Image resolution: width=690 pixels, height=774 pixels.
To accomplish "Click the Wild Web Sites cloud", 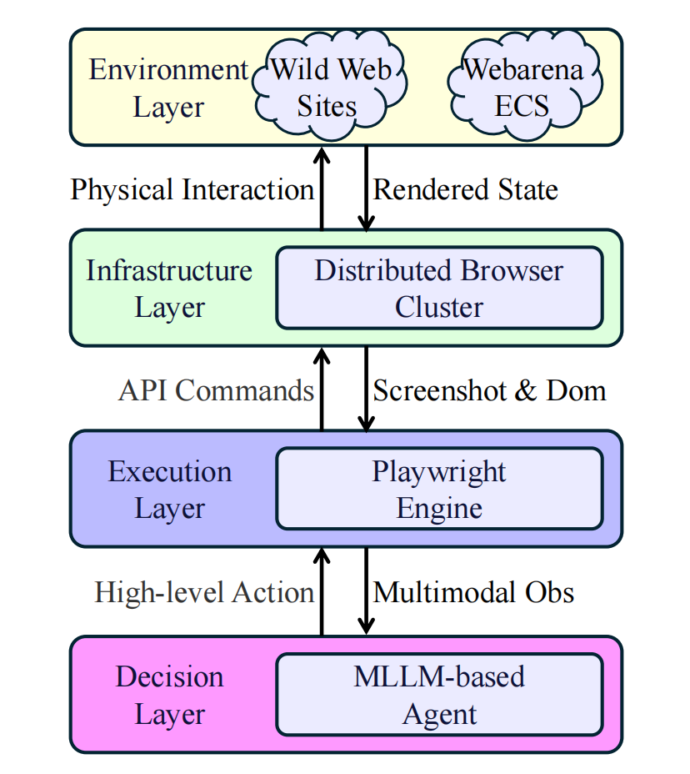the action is tap(329, 87).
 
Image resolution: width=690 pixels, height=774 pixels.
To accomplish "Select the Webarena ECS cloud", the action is tap(524, 87).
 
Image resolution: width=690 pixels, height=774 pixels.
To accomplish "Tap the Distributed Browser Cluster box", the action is tap(439, 289).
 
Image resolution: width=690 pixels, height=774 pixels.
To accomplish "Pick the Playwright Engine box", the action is tap(439, 489).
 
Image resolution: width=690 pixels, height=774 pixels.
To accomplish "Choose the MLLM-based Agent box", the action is tap(439, 695).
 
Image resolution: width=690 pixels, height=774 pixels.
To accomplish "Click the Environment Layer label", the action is tap(168, 88).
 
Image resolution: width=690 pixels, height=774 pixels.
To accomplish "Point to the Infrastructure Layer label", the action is tap(169, 289).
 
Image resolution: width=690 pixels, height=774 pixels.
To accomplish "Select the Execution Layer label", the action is tap(170, 490).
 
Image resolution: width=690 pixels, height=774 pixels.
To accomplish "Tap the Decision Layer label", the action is tap(170, 696).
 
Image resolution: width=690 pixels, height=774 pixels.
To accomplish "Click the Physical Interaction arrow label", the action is tap(192, 189).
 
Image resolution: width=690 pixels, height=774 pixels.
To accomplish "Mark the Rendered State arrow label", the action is tap(466, 189).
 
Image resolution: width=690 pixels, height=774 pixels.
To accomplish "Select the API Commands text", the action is tap(216, 390).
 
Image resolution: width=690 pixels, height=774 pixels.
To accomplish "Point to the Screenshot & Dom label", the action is tap(490, 390).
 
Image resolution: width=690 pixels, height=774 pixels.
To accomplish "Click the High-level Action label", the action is tap(204, 592).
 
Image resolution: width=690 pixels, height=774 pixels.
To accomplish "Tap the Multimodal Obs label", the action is tap(473, 592).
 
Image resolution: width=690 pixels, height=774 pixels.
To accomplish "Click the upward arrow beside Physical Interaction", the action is tap(322, 188).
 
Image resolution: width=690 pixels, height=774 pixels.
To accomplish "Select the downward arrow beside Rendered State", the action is tap(366, 188).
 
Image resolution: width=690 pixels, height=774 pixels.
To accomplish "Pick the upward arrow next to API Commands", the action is tap(322, 390).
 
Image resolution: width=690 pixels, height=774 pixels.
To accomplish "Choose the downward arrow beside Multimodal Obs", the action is tap(366, 591).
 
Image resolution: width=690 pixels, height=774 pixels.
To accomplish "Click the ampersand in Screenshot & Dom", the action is tap(525, 390).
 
